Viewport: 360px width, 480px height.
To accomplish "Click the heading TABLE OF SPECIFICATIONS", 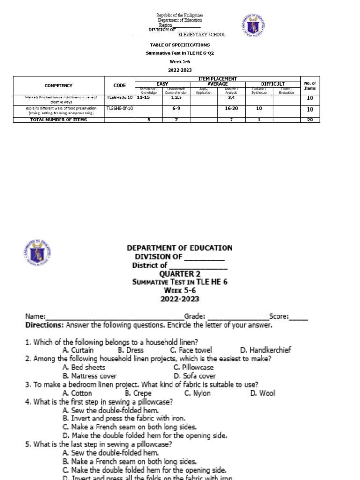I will (x=180, y=45).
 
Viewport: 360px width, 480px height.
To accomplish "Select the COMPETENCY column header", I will (x=59, y=85).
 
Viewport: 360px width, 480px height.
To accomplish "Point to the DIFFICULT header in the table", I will (x=273, y=84).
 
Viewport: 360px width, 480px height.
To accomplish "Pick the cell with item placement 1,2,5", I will (x=176, y=97).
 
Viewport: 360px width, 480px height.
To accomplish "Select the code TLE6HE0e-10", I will (x=120, y=97).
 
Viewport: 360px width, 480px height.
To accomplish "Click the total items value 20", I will (x=310, y=120).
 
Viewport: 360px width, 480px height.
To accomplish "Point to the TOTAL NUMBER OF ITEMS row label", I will (x=59, y=120).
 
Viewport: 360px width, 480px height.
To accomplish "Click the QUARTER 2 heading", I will (x=180, y=274).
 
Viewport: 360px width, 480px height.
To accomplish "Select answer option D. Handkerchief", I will (x=265, y=350).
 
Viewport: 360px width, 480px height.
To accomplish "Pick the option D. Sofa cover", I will (x=195, y=376).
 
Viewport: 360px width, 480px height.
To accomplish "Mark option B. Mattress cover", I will (x=89, y=376).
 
